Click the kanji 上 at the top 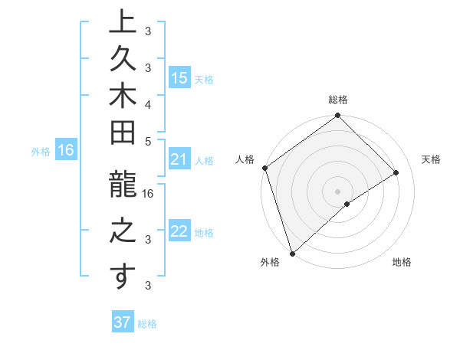122,21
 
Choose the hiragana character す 122,277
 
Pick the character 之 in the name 122,231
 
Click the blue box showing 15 179,78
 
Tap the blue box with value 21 179,160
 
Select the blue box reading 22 179,232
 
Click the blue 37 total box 122,322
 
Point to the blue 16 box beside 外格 66,151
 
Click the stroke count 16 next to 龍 148,195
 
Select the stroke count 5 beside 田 148,141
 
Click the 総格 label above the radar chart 338,100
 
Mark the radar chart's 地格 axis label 402,263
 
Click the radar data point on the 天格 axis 396,172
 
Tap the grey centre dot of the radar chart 338,191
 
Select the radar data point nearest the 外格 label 292,253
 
